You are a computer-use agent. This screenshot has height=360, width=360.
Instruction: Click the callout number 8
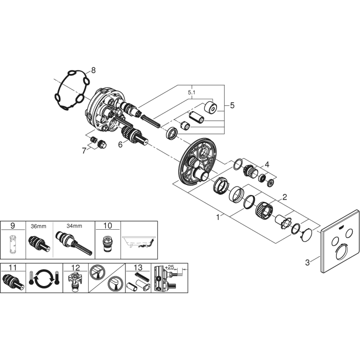click(95, 70)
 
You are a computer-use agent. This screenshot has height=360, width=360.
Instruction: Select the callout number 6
click(120, 144)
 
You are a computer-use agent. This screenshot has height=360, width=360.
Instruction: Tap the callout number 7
click(84, 151)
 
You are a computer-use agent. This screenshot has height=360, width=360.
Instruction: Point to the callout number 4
click(267, 165)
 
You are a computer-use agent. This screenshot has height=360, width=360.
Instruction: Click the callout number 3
click(307, 263)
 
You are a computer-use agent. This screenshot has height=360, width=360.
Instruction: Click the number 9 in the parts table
click(13, 226)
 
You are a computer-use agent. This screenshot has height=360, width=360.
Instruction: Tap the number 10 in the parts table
click(107, 226)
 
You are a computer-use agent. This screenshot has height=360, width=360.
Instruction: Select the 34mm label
click(74, 226)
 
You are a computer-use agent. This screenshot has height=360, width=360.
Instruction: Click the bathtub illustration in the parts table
click(140, 242)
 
